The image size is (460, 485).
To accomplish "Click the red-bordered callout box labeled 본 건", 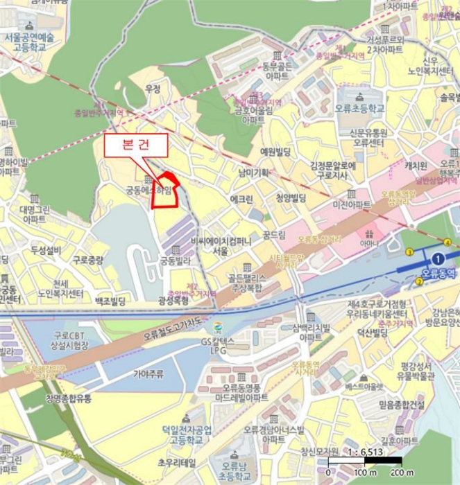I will pos(136,146).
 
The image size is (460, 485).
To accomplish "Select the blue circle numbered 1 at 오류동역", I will pos(437,258).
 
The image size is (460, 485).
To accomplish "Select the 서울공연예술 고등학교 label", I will pos(29,42).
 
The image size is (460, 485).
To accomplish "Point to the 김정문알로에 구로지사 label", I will pos(333,170).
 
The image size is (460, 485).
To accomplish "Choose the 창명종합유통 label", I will pos(69,397).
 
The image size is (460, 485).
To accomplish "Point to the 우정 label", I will pos(153,89).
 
